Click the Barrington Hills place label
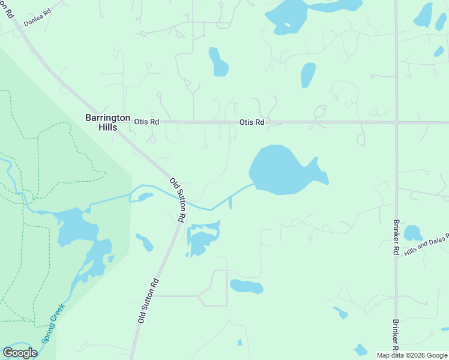(107, 122)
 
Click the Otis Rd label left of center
(146, 122)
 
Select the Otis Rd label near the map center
(252, 122)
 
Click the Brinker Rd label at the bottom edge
(396, 334)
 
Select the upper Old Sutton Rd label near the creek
(178, 200)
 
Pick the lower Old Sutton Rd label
(148, 301)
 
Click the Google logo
(20, 353)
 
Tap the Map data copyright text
(412, 355)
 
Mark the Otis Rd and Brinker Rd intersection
(397, 122)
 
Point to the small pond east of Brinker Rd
(412, 233)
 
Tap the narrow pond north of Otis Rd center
(217, 62)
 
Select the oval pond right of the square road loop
(247, 287)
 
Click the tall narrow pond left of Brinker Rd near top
(308, 75)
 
